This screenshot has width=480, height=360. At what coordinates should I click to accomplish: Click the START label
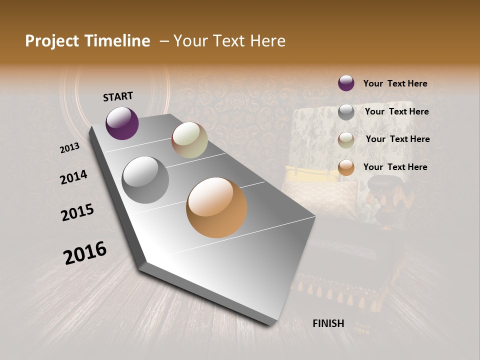118,96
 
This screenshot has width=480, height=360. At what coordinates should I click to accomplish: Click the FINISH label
328,323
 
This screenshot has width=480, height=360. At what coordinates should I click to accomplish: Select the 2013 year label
70,147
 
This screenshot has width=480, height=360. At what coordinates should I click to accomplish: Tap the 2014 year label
73,177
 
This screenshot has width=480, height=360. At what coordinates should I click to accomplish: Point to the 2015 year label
77,212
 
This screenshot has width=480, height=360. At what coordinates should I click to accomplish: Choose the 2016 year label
85,252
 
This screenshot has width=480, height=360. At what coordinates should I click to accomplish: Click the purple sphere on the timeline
122,123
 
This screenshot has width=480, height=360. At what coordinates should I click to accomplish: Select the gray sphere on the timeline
145,180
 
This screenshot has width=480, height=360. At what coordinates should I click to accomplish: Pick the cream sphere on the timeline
189,140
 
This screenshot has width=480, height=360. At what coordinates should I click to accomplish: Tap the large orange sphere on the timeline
216,207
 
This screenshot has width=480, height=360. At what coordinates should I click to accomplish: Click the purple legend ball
346,83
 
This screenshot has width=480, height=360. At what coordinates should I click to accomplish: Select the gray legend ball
346,112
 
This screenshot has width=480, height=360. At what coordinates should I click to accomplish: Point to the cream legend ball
346,140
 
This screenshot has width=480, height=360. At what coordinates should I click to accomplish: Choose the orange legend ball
346,167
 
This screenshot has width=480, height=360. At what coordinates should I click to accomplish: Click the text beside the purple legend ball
395,83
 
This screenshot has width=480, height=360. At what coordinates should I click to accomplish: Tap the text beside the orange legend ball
395,167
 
